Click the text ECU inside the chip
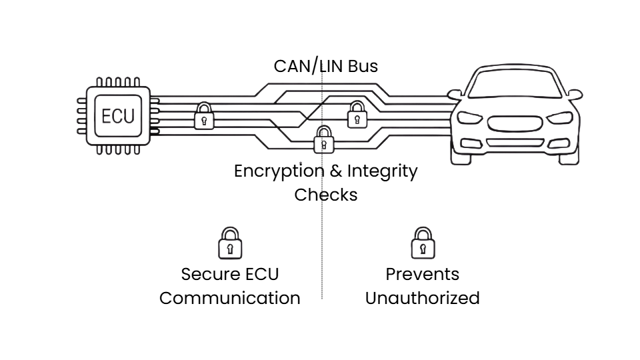[x=118, y=117]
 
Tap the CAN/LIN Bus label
[x=325, y=66]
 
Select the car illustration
[x=515, y=116]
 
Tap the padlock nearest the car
[x=357, y=115]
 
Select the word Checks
[x=326, y=195]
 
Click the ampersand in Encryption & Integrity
[x=337, y=171]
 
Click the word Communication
[x=230, y=297]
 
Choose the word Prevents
[x=423, y=274]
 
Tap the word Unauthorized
[x=423, y=297]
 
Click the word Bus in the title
[x=363, y=66]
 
